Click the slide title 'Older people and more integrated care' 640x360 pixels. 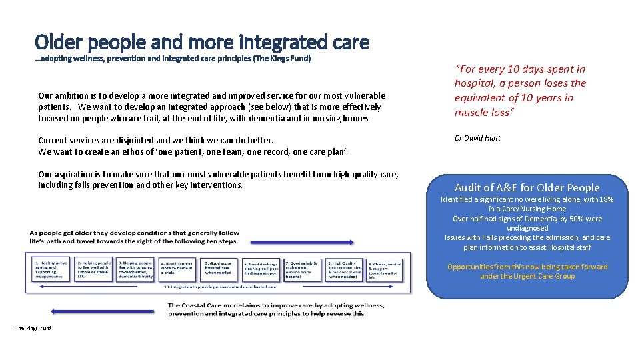tap(202, 43)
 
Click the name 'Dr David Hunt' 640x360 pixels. tap(477, 138)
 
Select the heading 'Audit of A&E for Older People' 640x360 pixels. tap(527, 188)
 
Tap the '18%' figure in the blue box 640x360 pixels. tap(605, 199)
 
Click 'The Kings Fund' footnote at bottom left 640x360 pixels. tap(33, 328)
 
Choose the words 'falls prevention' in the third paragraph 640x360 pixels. tap(96, 185)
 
